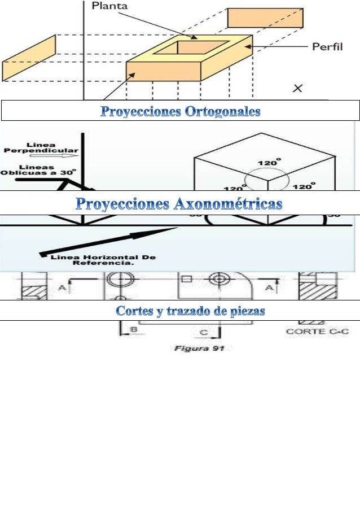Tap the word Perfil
(x=328, y=47)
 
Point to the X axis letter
(x=297, y=88)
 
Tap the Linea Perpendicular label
(x=42, y=148)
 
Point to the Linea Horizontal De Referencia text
(x=103, y=260)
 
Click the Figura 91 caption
(x=199, y=348)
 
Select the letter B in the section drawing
(x=134, y=329)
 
